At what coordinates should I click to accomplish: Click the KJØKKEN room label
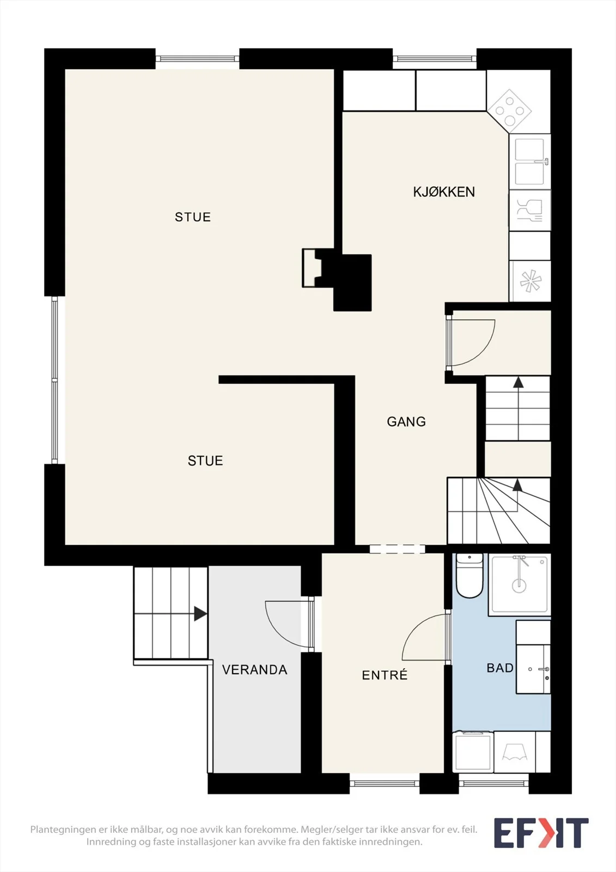tap(444, 191)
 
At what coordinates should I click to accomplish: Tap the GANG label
tap(406, 422)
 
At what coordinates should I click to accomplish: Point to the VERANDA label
tap(254, 670)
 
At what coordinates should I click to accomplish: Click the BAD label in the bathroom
tap(500, 668)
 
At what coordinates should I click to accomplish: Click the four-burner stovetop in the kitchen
tap(509, 111)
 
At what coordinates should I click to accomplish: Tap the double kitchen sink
tap(529, 161)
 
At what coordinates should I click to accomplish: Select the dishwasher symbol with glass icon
tap(529, 210)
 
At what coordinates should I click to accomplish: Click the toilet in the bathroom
tap(469, 576)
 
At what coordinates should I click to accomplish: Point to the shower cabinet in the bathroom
tap(520, 584)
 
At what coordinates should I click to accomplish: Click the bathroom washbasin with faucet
tap(533, 668)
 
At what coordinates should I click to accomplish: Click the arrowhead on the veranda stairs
tap(200, 614)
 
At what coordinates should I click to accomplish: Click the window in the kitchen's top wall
tap(434, 59)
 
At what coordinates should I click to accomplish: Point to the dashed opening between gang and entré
tap(397, 549)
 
